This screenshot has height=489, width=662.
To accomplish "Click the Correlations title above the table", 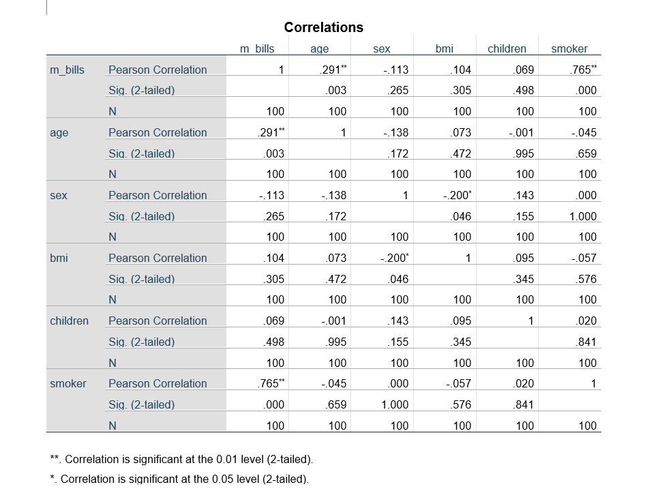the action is pyautogui.click(x=324, y=27).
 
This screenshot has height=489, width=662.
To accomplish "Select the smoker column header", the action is pyautogui.click(x=569, y=48).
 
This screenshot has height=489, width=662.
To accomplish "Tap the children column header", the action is pyautogui.click(x=507, y=48).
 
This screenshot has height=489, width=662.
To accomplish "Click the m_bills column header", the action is pyautogui.click(x=258, y=48).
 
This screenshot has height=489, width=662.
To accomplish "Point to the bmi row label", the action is pyautogui.click(x=59, y=258).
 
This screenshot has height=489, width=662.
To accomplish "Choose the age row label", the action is pyautogui.click(x=59, y=132).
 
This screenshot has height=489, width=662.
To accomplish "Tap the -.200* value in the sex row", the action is pyautogui.click(x=457, y=195).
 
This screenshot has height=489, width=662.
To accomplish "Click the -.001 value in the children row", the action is pyautogui.click(x=334, y=321).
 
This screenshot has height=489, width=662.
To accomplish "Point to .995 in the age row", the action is pyautogui.click(x=523, y=153).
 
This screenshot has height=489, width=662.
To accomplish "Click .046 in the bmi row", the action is pyautogui.click(x=399, y=279).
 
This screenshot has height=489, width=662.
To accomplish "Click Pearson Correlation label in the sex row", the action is pyautogui.click(x=157, y=195).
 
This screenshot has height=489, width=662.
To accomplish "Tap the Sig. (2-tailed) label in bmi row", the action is pyautogui.click(x=142, y=279).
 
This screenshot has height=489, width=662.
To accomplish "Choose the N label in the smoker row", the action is pyautogui.click(x=112, y=426).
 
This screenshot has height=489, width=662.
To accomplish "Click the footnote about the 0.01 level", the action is pyautogui.click(x=181, y=459).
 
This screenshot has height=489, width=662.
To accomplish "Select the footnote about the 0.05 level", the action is pyautogui.click(x=179, y=479).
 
